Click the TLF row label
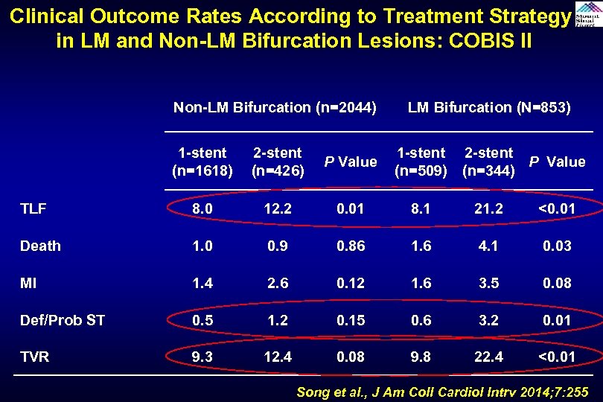point(33,209)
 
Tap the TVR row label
point(35,357)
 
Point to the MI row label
point(28,283)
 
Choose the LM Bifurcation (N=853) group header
point(489,108)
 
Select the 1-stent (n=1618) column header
point(202,162)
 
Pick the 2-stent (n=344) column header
point(488,162)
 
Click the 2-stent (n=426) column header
point(277,162)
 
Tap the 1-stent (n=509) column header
point(421,162)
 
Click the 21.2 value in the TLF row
point(488,209)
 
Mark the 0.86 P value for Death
point(350,246)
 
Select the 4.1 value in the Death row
point(488,246)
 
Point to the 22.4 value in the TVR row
point(488,357)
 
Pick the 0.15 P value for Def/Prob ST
point(350,320)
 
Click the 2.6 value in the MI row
point(277,283)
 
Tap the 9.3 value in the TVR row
point(202,357)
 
